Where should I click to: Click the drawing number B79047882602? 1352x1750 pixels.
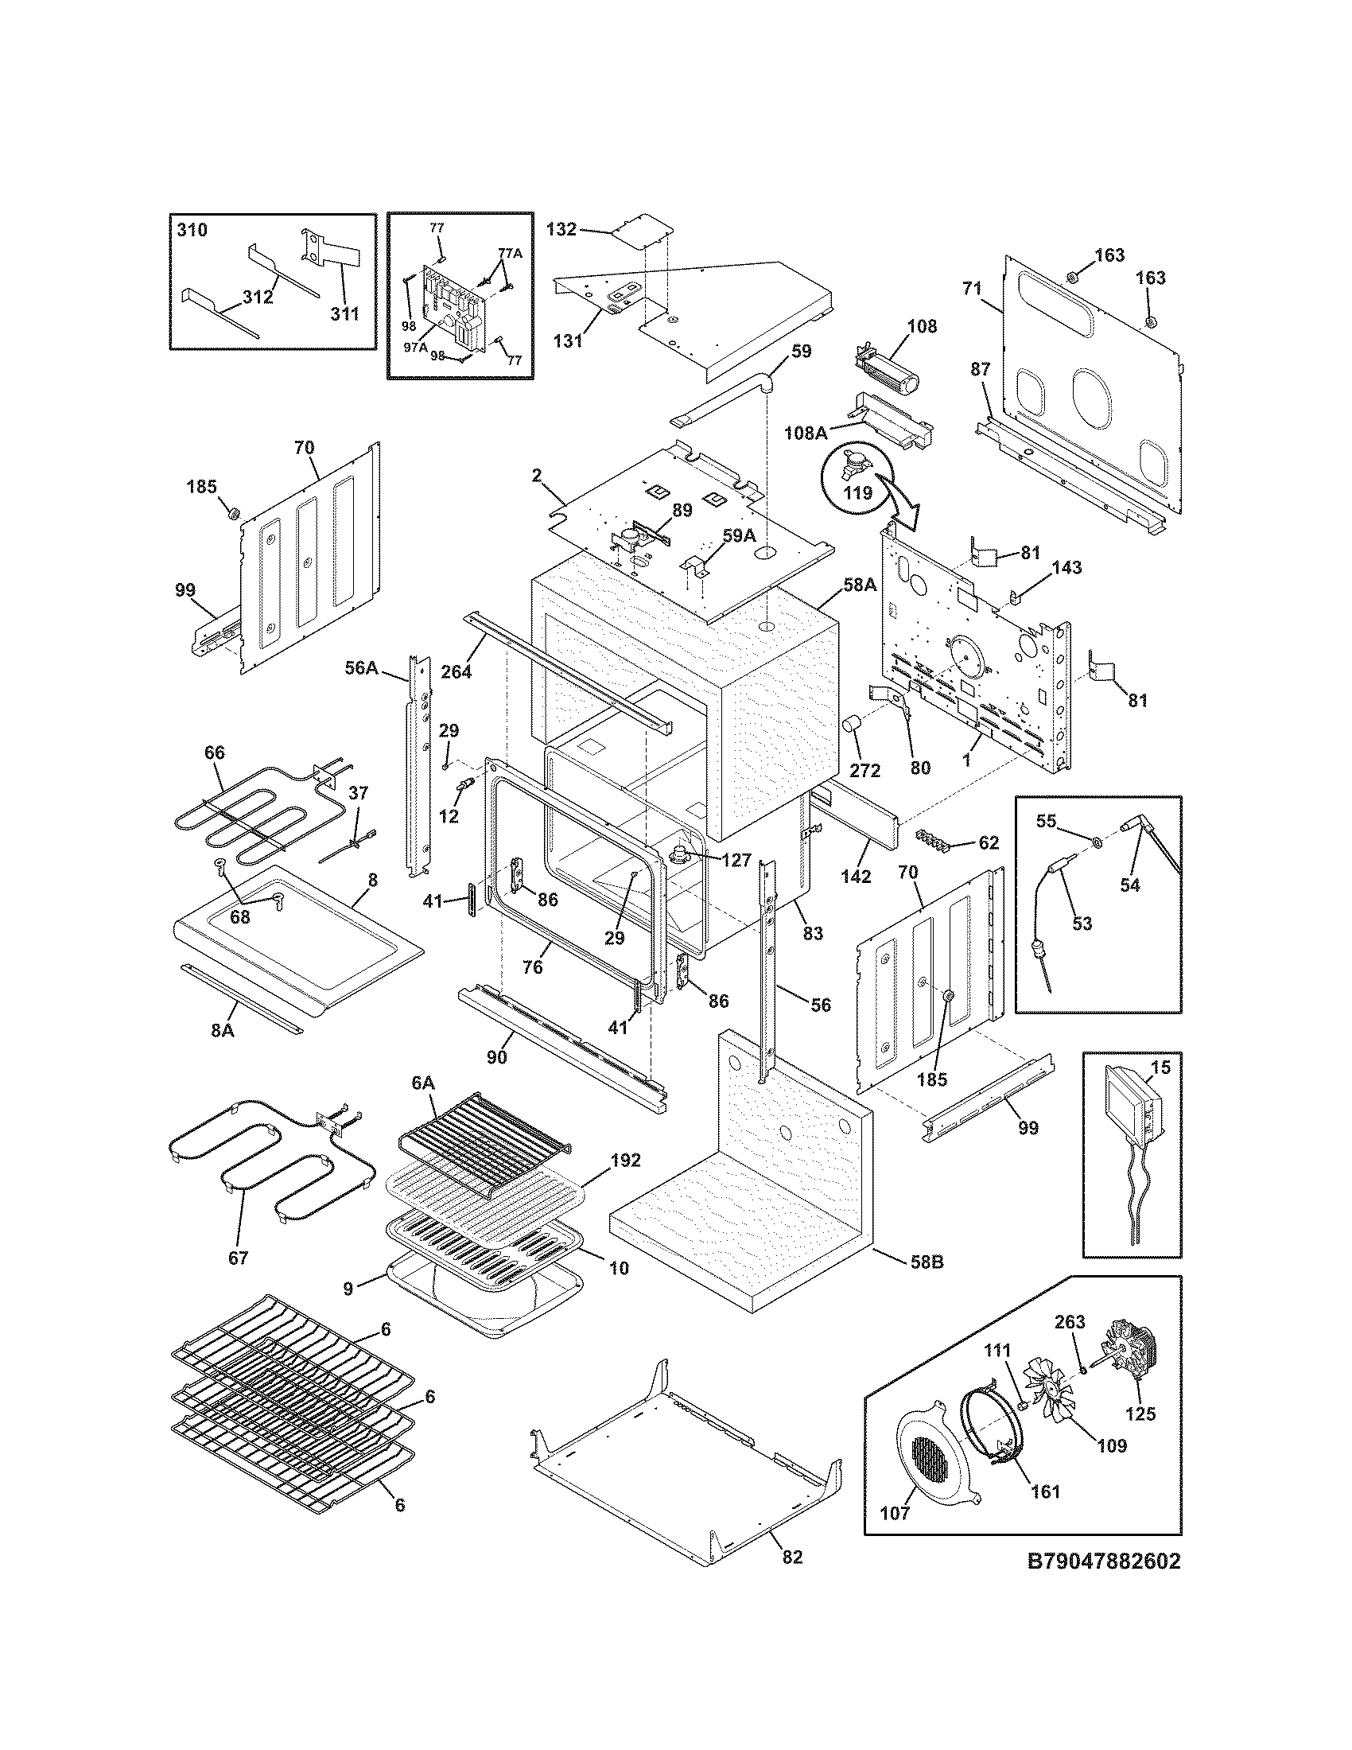click(1104, 1561)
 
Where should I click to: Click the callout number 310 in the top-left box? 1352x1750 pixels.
click(192, 231)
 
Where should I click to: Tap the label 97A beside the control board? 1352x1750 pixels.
click(415, 347)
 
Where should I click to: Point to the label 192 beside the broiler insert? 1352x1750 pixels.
click(626, 1160)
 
